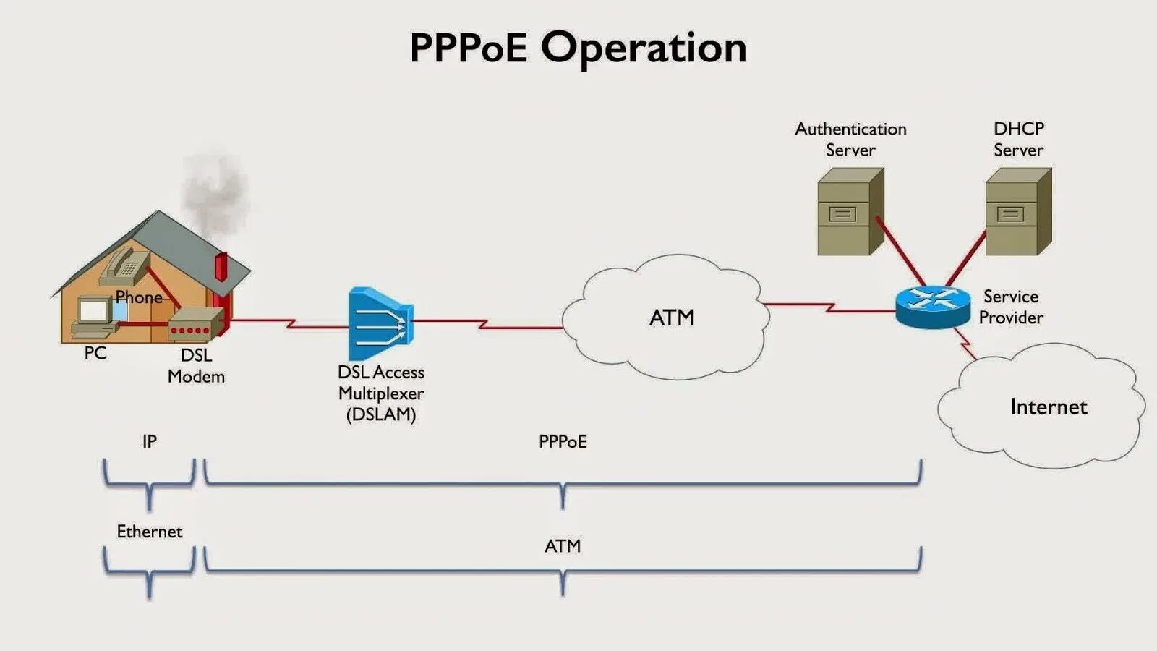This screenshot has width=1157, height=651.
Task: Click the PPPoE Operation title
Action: click(578, 48)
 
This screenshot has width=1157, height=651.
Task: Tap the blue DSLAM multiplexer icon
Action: click(380, 324)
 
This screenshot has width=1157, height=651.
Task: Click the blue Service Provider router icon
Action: click(933, 307)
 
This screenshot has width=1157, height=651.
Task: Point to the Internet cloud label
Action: click(1049, 407)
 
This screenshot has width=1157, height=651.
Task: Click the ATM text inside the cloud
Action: click(672, 318)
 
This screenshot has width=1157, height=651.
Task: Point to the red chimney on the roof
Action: click(221, 266)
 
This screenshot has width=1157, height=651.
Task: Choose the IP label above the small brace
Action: click(150, 441)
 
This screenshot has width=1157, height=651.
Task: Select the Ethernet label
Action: click(150, 532)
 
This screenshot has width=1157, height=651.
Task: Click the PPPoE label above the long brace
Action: click(563, 441)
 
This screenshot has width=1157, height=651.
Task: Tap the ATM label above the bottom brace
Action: click(563, 546)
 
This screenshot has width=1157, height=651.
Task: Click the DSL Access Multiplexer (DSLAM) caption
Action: click(381, 393)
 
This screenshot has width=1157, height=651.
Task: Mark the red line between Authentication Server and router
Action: click(900, 252)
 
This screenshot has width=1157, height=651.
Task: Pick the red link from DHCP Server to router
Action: click(966, 258)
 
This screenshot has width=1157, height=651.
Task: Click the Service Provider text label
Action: click(1011, 307)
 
